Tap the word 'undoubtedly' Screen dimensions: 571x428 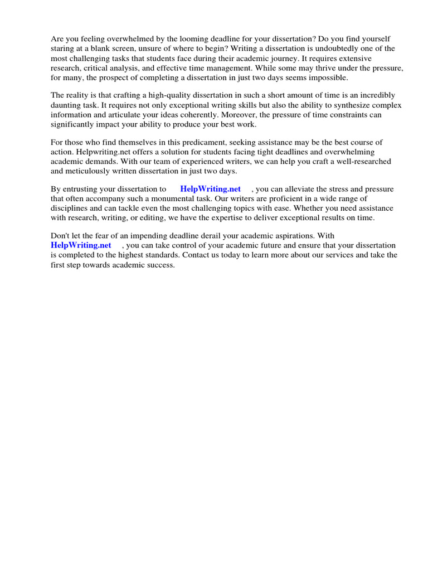pos(336,49)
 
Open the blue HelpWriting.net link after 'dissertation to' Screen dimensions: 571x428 pos(210,190)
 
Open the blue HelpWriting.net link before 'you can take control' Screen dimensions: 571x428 pos(81,246)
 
